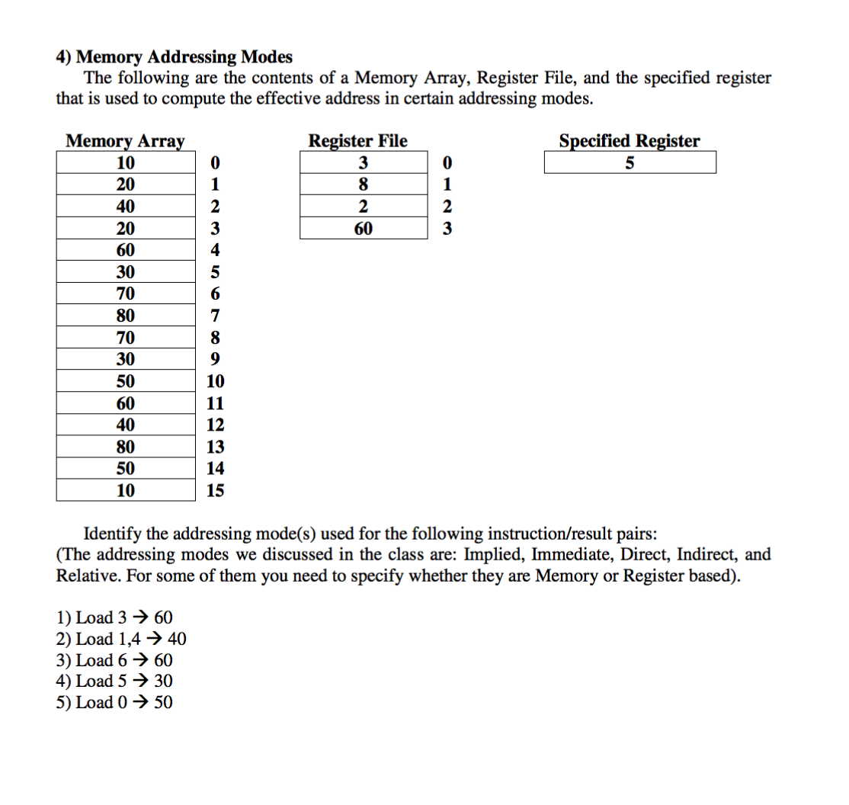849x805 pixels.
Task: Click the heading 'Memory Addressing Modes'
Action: click(184, 57)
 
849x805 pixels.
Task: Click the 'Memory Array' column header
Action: click(125, 141)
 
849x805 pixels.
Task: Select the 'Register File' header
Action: click(357, 141)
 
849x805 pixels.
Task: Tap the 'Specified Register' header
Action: click(629, 141)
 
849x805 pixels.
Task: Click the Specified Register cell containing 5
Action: click(630, 163)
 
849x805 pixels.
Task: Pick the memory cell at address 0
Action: click(126, 163)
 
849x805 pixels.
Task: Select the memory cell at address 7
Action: click(126, 316)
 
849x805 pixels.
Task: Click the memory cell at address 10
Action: click(126, 381)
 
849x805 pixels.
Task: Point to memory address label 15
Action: click(216, 491)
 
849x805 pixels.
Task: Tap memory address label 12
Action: click(216, 425)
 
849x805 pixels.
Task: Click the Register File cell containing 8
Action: click(363, 184)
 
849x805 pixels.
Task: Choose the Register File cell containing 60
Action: click(363, 229)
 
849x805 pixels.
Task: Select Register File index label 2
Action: click(447, 207)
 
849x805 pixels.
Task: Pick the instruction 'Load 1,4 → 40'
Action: click(122, 639)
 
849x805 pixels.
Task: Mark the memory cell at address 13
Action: click(126, 447)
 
